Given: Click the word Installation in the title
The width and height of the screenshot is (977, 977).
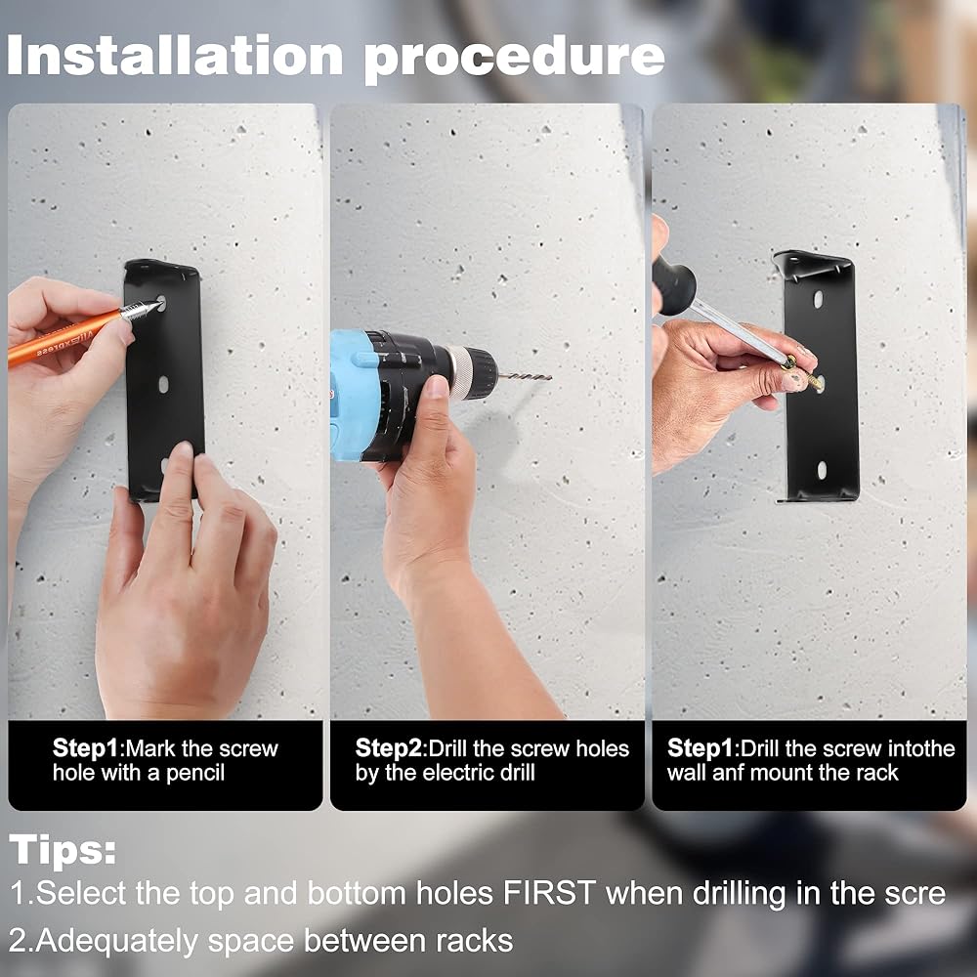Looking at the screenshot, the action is coord(175,55).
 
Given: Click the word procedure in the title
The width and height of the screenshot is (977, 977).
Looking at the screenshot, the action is coord(515,59).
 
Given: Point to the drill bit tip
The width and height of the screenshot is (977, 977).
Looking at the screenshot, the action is coord(550,377).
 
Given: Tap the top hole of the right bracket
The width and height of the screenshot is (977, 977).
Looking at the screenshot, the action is coord(818,298).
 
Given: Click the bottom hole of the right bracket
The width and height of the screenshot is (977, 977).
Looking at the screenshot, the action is coord(822,471).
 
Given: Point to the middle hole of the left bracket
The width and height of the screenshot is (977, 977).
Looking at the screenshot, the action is coord(163,384).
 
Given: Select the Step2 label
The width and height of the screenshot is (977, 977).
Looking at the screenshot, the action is coord(388,748).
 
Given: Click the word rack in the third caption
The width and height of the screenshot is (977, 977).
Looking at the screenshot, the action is coord(877,773).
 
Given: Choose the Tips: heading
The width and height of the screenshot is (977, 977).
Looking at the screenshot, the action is coord(63,850).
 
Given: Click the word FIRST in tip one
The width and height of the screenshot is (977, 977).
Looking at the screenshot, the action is coord(549,893).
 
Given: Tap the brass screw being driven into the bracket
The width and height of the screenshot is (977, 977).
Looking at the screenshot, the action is coord(804,374).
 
